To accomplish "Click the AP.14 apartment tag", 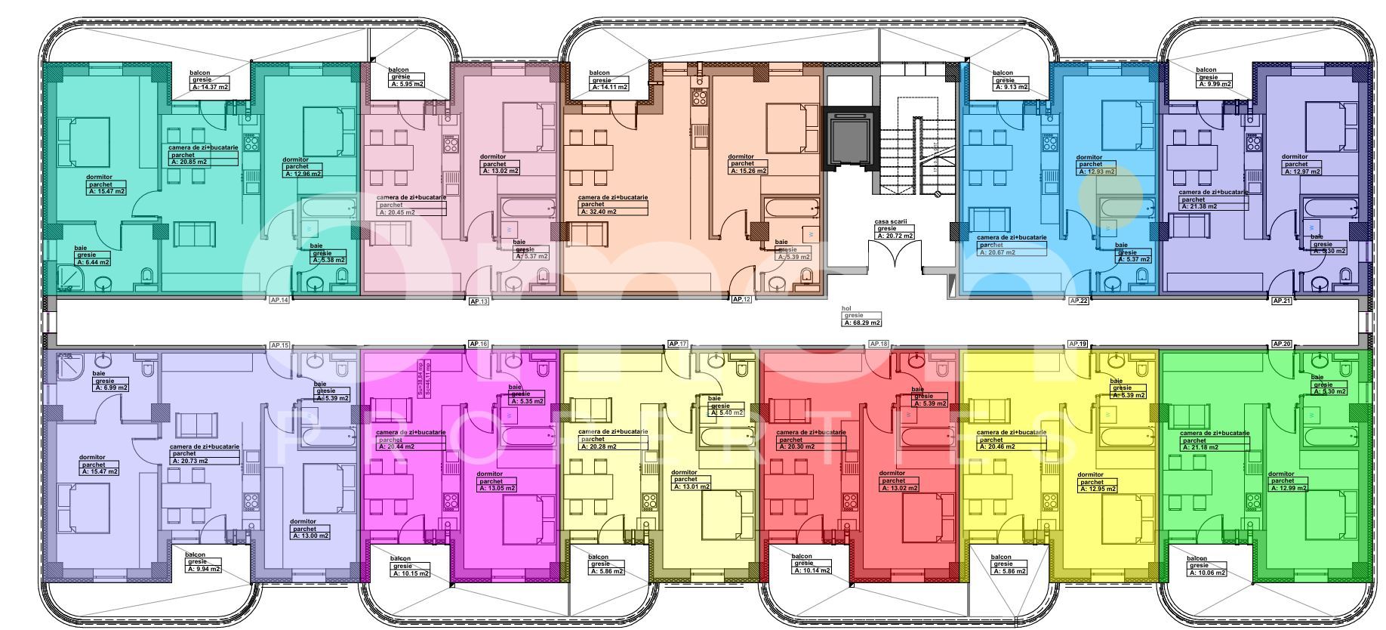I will (279, 300).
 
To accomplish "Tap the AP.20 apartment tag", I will (1282, 344).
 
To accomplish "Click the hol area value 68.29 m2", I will (862, 323).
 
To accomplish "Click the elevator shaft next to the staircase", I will (852, 139).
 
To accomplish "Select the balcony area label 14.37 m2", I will (211, 87).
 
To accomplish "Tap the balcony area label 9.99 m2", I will (1215, 84).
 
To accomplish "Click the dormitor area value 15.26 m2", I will (748, 171).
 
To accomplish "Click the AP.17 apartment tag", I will (678, 344).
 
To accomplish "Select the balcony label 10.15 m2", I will (411, 573).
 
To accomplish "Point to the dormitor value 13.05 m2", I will (497, 488).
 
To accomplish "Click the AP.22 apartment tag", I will (1078, 301).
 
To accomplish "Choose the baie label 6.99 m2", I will (111, 388).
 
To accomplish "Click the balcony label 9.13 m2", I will (1010, 87).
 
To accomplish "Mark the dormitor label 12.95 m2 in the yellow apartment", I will (1098, 489).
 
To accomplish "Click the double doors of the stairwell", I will (895, 256).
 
